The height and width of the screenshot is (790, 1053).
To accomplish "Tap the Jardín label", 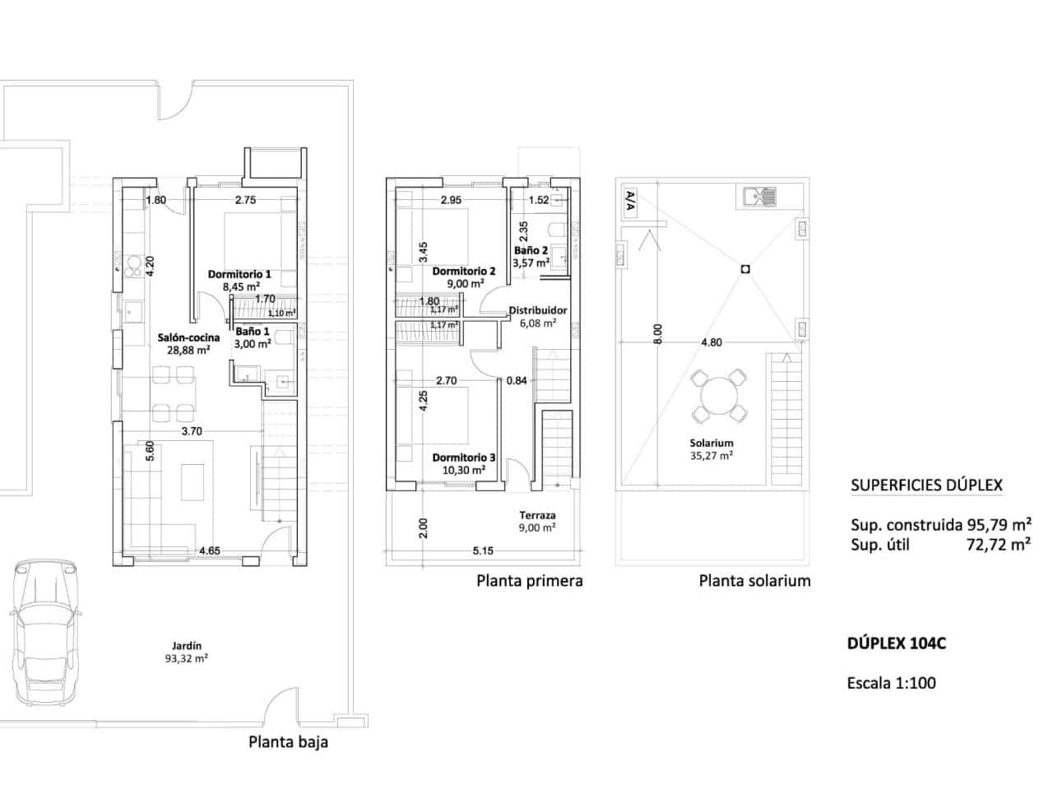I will [187, 646].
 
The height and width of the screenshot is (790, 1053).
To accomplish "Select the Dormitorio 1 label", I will [239, 274].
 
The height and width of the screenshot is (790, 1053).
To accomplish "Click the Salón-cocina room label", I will [188, 337].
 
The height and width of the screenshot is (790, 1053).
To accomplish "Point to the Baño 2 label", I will [531, 251].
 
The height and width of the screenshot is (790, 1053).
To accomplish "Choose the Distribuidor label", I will [537, 311].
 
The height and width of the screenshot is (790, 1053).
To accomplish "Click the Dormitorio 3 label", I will [464, 458].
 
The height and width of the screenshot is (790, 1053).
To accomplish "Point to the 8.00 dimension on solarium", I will [657, 333].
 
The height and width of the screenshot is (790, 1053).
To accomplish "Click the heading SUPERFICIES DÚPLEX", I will [926, 486].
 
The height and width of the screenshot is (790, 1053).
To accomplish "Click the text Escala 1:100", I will [891, 682].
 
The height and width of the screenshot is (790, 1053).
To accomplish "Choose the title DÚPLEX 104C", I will [896, 644].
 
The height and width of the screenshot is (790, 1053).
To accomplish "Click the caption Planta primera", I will [530, 581].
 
